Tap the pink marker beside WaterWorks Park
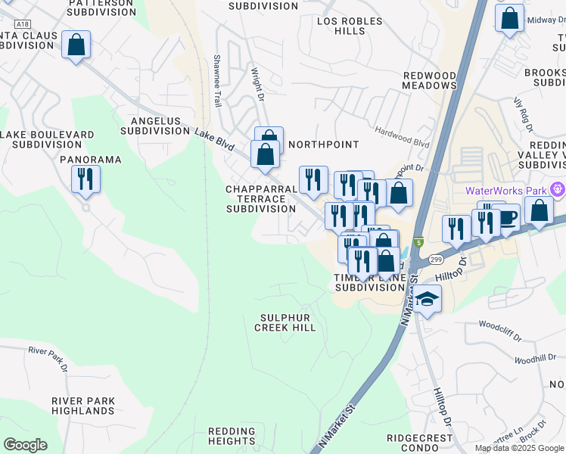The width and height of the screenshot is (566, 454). [x=558, y=189]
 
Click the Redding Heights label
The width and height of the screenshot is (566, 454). [x=232, y=436]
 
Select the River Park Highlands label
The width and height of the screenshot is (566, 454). [x=83, y=406]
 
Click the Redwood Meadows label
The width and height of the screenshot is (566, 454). [x=429, y=81]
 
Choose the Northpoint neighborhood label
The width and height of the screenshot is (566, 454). [x=323, y=144]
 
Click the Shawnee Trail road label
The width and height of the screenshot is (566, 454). [x=218, y=79]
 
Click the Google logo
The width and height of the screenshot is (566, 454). [x=25, y=445]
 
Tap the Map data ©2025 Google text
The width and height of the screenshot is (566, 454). [x=519, y=448]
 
